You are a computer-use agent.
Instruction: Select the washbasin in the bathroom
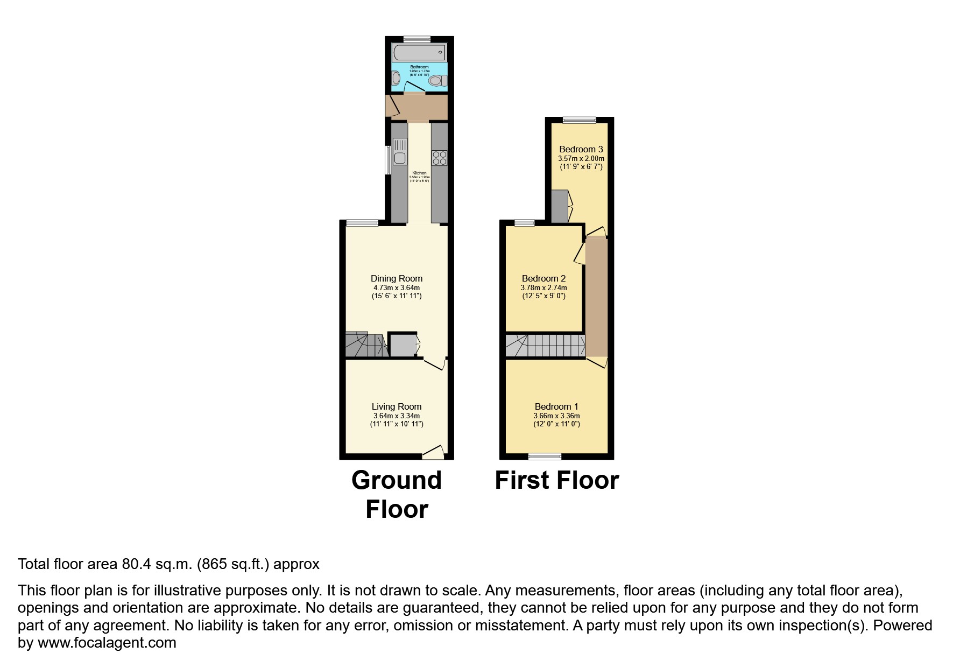click(x=396, y=79)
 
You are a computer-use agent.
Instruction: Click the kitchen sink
click(x=400, y=151)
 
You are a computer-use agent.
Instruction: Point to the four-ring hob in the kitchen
click(x=439, y=157)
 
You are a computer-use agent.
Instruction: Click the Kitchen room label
click(x=419, y=173)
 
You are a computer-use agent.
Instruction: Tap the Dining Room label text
click(x=397, y=278)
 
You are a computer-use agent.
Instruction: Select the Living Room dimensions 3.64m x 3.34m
click(x=397, y=416)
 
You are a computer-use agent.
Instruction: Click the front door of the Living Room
click(x=433, y=453)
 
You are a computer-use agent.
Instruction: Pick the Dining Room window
click(x=362, y=222)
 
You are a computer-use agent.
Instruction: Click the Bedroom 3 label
click(x=581, y=149)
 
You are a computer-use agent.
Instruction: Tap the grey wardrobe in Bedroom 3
click(x=560, y=206)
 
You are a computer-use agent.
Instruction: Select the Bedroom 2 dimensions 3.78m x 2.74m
click(x=543, y=287)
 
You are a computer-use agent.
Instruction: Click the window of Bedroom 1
click(x=545, y=457)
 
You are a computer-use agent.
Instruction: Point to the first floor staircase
click(x=545, y=346)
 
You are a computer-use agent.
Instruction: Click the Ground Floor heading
click(x=397, y=494)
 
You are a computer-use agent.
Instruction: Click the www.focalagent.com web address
click(x=107, y=643)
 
